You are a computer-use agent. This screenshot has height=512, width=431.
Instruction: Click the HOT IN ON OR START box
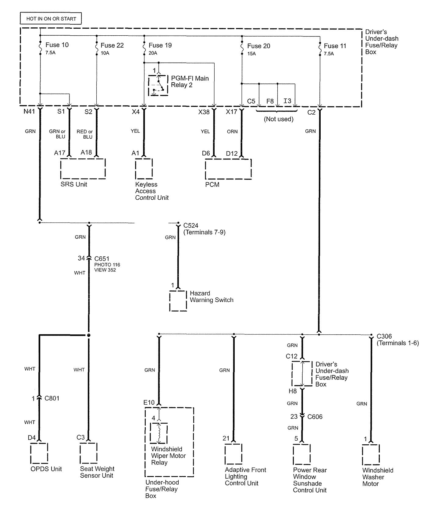point(51,19)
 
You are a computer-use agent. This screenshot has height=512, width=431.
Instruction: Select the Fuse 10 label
point(57,45)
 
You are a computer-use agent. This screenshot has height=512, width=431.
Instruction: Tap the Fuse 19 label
point(160,45)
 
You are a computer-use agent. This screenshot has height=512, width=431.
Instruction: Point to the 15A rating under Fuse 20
point(251,54)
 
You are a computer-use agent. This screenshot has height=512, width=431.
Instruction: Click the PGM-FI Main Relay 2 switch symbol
point(158,85)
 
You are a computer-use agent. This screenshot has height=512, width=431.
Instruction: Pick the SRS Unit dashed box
point(83,168)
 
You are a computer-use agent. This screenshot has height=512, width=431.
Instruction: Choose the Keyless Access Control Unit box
point(144,169)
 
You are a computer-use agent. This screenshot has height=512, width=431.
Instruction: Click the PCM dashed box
point(228,169)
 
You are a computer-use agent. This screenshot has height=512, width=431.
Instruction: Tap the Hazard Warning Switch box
point(178,301)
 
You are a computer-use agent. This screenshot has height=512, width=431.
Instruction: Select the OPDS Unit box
point(39,453)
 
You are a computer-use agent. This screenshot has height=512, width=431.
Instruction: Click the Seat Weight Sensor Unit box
point(88,453)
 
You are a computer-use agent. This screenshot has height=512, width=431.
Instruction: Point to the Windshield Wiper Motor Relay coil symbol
point(159,433)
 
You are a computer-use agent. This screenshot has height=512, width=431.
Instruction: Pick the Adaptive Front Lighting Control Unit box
point(233,454)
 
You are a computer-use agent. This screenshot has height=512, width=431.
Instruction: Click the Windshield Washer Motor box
point(371,455)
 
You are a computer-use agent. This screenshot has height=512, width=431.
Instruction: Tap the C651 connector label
point(102,258)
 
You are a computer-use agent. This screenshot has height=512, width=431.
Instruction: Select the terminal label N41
point(29,112)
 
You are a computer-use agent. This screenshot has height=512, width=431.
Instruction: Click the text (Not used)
point(279,119)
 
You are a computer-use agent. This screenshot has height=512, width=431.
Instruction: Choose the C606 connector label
point(315,417)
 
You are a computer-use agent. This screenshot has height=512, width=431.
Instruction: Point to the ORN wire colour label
point(232,131)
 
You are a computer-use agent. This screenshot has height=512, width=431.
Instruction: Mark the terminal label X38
point(204,112)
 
